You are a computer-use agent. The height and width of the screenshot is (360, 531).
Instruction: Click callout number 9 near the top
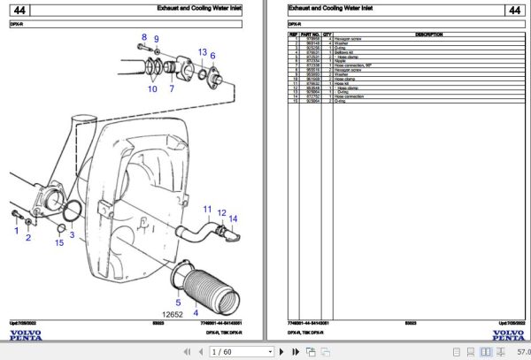pyautogui.click(x=157, y=40)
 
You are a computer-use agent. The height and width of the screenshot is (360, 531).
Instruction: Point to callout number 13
pyautogui.click(x=203, y=52)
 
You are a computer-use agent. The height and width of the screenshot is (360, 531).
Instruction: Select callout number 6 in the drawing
pyautogui.click(x=213, y=55)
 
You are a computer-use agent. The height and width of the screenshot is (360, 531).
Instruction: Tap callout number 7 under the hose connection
pyautogui.click(x=172, y=88)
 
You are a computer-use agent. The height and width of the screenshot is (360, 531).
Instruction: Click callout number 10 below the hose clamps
pyautogui.click(x=152, y=88)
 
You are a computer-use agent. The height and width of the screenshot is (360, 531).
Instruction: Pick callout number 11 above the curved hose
pyautogui.click(x=209, y=211)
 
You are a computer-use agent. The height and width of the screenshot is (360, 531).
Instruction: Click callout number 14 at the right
pyautogui.click(x=234, y=218)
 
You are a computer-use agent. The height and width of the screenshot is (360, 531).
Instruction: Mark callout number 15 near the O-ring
pyautogui.click(x=59, y=243)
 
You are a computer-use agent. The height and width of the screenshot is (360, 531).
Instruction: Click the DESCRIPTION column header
pyautogui.click(x=428, y=34)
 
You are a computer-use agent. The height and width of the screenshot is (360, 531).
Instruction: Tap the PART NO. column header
pyautogui.click(x=311, y=34)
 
